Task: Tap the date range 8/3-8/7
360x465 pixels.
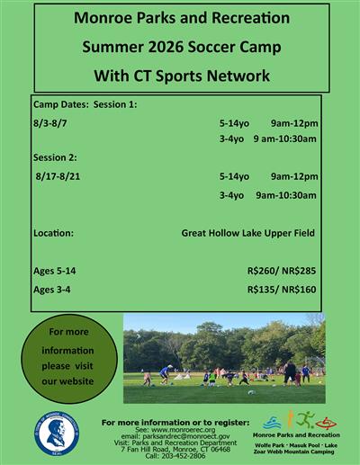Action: coord(53,122)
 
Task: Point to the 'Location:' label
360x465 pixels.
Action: coord(54,233)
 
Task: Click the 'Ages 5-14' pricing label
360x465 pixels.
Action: coord(55,271)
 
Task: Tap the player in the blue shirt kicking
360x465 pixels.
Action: coord(165,372)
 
